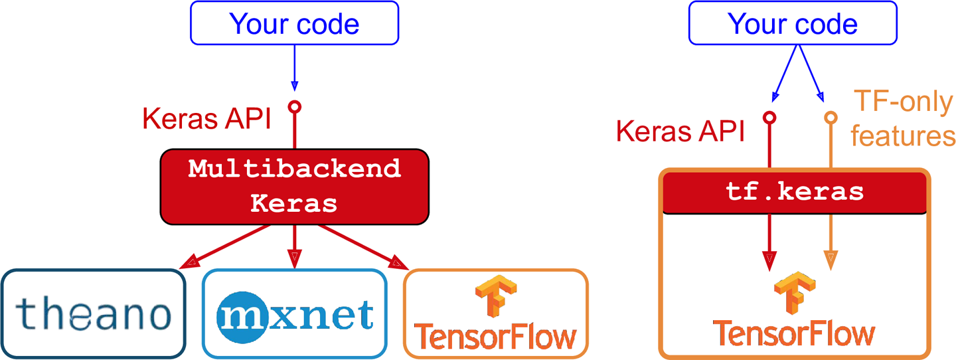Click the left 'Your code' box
pyautogui.click(x=294, y=23)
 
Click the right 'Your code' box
pyautogui.click(x=793, y=23)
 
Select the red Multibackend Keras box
pyautogui.click(x=294, y=186)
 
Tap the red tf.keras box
pyautogui.click(x=794, y=193)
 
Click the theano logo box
pyautogui.click(x=92, y=314)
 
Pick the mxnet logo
pyautogui.click(x=294, y=314)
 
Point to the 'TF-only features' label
pyautogui.click(x=902, y=120)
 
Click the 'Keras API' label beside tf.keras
pyautogui.click(x=680, y=131)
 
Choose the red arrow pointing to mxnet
pyautogui.click(x=294, y=246)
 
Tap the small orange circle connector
pyautogui.click(x=830, y=118)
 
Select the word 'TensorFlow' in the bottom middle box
pyautogui.click(x=495, y=337)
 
